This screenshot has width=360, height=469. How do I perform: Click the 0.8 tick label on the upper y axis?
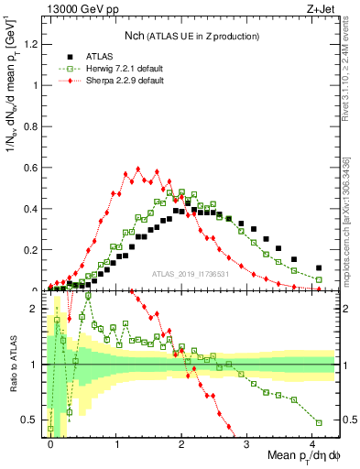pyautogui.click(x=34, y=126)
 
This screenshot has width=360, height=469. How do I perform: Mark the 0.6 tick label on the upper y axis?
pyautogui.click(x=34, y=168)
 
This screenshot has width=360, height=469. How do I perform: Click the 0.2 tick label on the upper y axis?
pyautogui.click(x=34, y=250)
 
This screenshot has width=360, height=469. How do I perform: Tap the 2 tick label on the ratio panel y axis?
pyautogui.click(x=38, y=309)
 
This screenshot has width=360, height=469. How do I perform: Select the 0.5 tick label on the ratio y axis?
pyautogui.click(x=34, y=420)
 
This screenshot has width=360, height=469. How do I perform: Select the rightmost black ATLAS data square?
pyautogui.click(x=319, y=268)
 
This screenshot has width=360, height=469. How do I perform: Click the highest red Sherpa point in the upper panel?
pyautogui.click(x=137, y=169)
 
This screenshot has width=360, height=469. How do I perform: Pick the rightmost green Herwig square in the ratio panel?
pyautogui.click(x=319, y=422)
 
